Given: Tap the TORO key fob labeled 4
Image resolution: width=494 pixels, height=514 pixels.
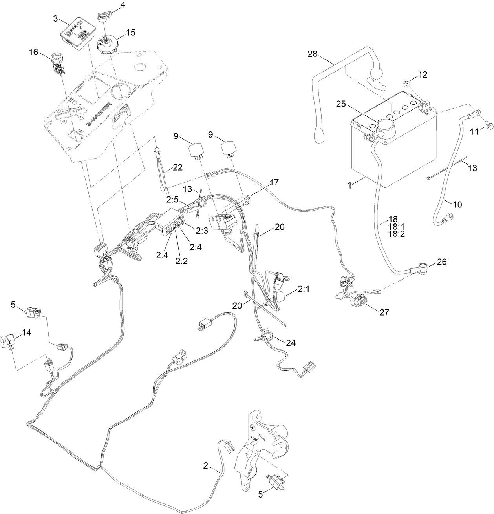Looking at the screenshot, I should (103, 18).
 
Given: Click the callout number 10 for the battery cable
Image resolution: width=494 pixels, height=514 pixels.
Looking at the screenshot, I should (457, 204).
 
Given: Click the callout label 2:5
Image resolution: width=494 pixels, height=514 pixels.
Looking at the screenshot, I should (173, 199).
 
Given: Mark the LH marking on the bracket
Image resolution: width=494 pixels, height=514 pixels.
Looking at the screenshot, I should (253, 427).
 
